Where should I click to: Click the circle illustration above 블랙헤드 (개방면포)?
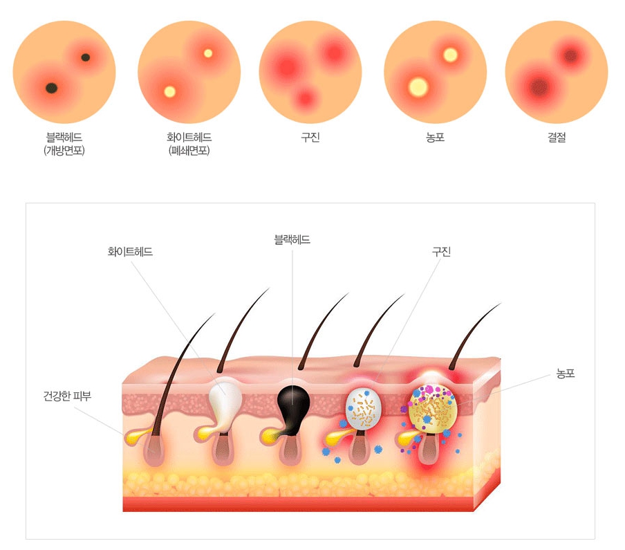point(64,71)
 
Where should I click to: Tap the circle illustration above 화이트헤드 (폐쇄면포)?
point(189,71)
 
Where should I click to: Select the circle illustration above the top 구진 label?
point(310,71)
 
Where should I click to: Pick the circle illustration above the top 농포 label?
point(435,71)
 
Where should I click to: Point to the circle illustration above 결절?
point(557,71)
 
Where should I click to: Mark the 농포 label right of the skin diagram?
point(566,374)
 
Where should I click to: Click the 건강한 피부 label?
point(67,396)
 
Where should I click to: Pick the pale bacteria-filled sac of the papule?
point(363,408)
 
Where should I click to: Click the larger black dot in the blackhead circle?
point(51,87)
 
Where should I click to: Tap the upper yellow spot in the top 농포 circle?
point(450,54)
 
